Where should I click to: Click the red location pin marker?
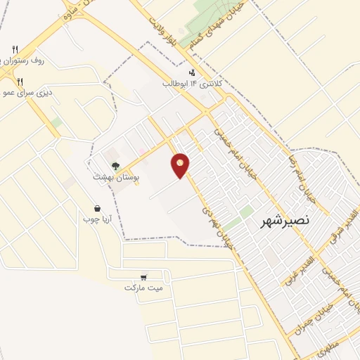pos(181,166)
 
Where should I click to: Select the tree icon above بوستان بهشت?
pos(115,166)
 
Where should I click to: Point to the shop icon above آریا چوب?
pos(96,209)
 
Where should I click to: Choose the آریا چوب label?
pos(98,220)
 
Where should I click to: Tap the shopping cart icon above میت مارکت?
pos(144,277)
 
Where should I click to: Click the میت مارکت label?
pos(143,288)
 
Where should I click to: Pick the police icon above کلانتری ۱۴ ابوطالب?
pos(192,72)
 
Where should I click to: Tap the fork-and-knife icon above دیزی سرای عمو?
pos(20,82)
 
